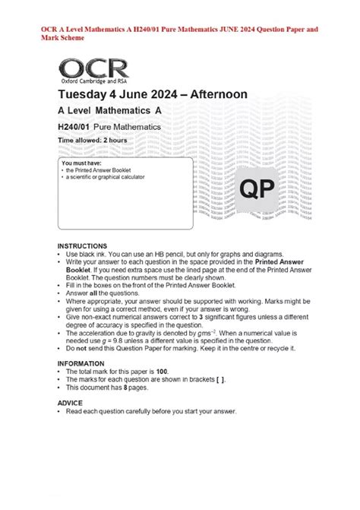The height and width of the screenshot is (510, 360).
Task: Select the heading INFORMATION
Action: coord(83,363)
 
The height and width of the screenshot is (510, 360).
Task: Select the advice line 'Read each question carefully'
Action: coord(151,411)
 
